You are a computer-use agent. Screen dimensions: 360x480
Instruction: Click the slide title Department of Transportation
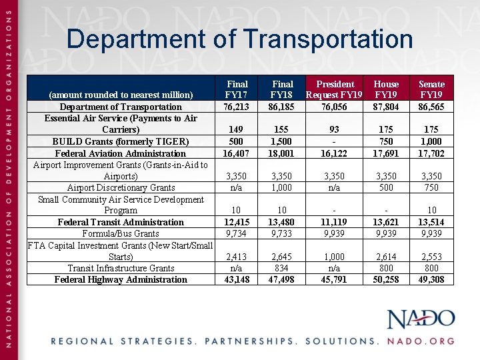(x=239, y=39)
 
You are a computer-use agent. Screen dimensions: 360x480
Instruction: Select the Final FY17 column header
(x=237, y=89)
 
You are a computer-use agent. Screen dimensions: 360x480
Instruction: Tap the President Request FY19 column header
(x=335, y=89)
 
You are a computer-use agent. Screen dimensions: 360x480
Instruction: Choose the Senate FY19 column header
(x=431, y=89)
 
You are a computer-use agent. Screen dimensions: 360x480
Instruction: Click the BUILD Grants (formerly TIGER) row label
(x=121, y=141)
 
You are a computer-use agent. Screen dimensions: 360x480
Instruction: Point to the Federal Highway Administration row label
(x=121, y=279)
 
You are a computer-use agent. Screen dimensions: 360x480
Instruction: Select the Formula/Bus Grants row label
(x=121, y=233)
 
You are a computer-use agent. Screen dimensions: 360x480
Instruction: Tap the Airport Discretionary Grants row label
(x=121, y=187)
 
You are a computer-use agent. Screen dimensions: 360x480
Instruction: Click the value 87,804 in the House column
(x=386, y=107)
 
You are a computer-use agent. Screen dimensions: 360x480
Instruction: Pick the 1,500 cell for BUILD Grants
(x=283, y=141)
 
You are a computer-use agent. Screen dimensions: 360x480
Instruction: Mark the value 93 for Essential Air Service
(x=335, y=129)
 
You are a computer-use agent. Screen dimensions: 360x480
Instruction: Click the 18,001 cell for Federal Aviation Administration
(x=283, y=153)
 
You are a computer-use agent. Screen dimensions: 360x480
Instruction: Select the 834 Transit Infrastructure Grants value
(x=283, y=268)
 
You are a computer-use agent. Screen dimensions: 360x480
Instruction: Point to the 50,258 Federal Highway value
(x=386, y=279)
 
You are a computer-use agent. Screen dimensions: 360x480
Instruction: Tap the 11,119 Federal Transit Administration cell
(x=335, y=222)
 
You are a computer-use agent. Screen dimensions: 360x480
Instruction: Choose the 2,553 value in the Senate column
(x=431, y=257)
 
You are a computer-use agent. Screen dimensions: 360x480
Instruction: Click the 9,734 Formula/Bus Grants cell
(x=237, y=233)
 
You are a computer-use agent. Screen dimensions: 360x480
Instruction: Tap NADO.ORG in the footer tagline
(x=421, y=341)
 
